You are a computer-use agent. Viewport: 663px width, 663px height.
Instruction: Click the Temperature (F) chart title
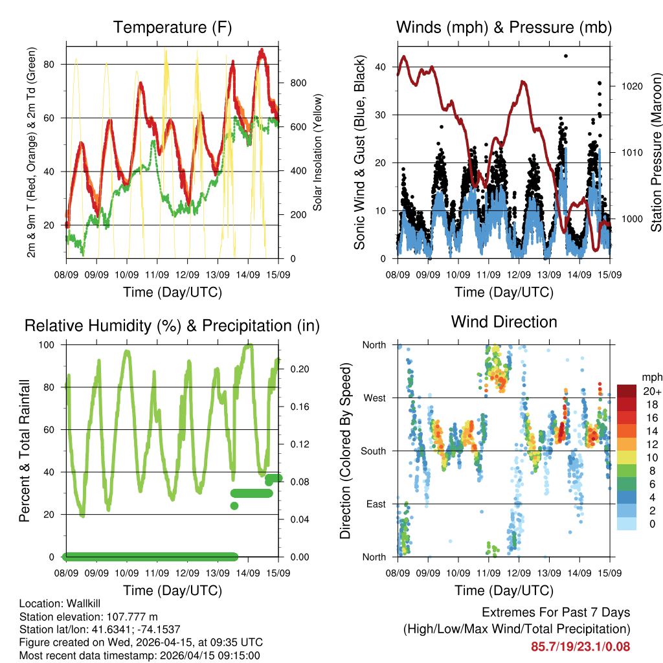[x=172, y=28]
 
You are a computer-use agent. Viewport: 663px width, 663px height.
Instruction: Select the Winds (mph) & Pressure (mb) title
[x=504, y=28]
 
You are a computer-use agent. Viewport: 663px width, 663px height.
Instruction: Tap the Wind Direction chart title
[x=504, y=322]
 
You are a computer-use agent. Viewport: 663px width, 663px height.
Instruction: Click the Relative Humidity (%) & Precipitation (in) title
[x=172, y=326]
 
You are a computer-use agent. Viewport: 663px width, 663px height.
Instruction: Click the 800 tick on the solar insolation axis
[x=298, y=83]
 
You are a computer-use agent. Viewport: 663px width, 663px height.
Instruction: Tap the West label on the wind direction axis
[x=374, y=398]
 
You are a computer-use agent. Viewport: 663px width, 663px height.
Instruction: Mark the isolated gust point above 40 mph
[x=566, y=56]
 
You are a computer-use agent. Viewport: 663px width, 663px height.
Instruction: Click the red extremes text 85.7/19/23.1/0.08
[x=580, y=646]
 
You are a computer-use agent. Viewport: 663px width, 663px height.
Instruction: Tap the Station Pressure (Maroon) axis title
[x=656, y=152]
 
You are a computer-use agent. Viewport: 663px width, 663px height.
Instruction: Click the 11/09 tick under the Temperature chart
[x=157, y=275]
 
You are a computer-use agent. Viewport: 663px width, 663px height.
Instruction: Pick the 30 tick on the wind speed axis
[x=380, y=115]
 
